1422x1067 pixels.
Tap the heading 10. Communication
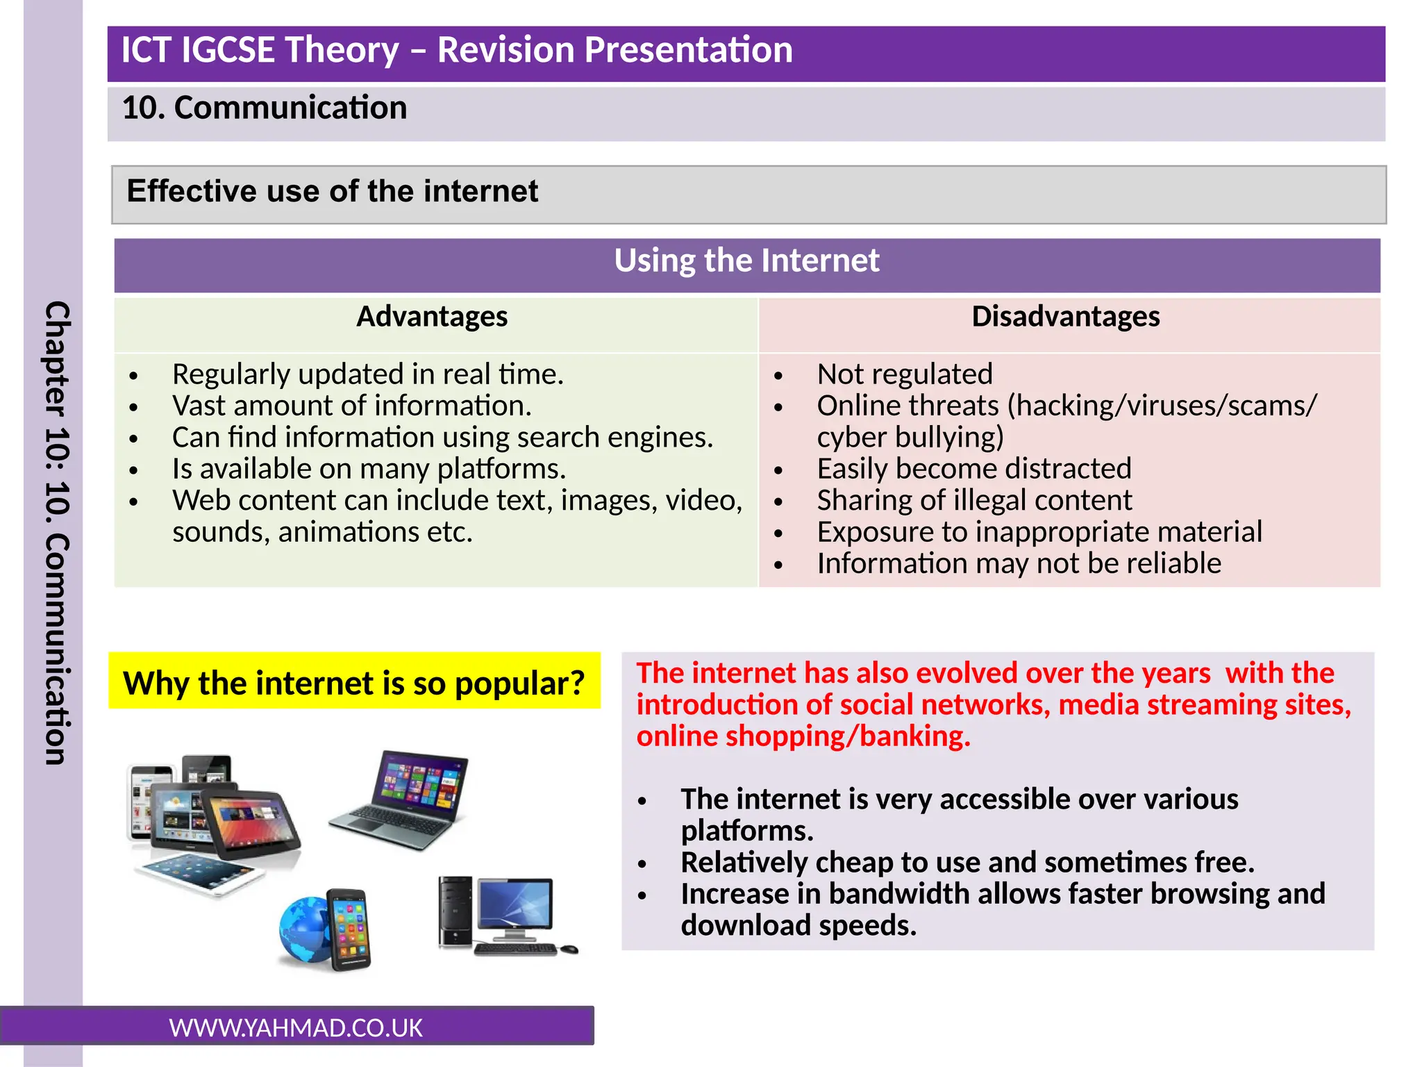(x=265, y=108)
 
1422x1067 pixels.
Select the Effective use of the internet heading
(x=332, y=191)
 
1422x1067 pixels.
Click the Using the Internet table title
(x=746, y=261)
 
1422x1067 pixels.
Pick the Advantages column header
(x=432, y=317)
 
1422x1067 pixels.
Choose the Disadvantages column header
(x=1065, y=317)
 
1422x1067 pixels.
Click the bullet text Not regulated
(x=904, y=374)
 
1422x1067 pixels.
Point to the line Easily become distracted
(x=973, y=469)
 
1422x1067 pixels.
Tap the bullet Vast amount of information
(x=351, y=406)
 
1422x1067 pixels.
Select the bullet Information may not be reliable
(x=1019, y=563)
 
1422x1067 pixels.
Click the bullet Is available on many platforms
(x=369, y=469)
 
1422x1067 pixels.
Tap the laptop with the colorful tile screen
(x=403, y=799)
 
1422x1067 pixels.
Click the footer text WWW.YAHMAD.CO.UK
(x=296, y=1027)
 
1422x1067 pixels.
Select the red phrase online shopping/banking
(x=803, y=736)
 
